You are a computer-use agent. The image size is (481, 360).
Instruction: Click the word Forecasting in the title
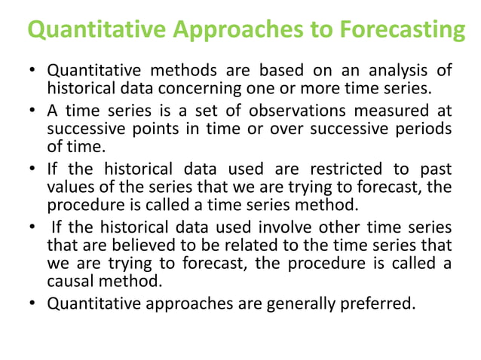tap(400, 31)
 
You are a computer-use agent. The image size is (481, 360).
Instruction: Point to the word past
tap(437, 167)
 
